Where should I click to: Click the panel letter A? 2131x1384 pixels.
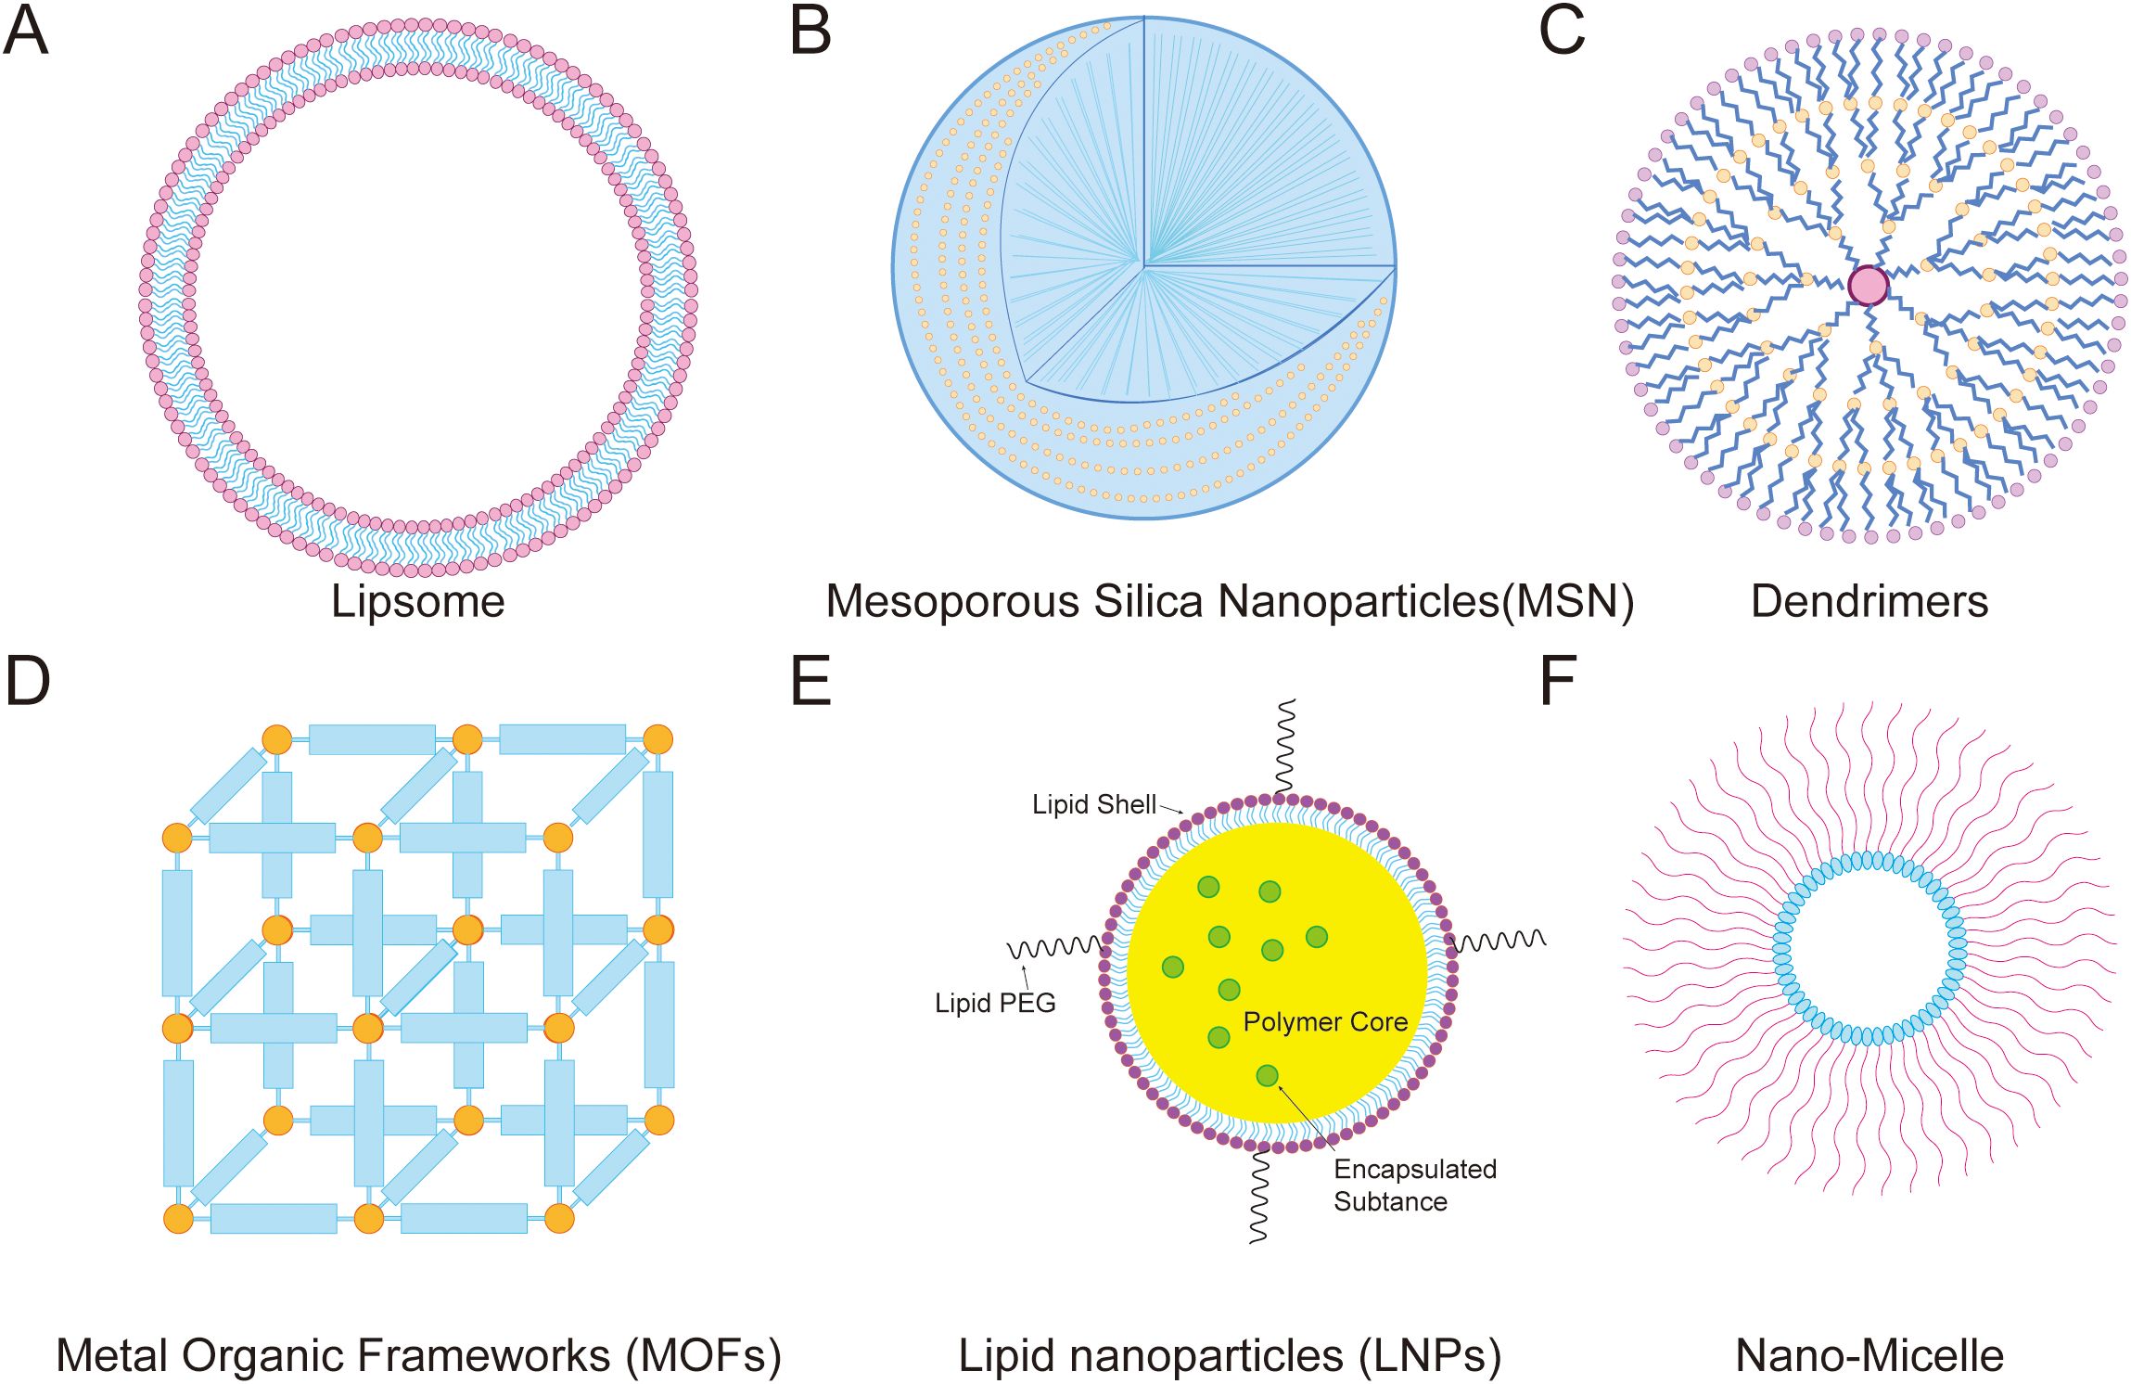(25, 31)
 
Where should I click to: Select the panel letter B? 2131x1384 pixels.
(810, 31)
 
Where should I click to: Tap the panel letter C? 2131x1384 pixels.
(1562, 31)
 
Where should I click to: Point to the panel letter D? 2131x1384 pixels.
(27, 681)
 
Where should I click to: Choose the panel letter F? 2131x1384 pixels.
(1557, 681)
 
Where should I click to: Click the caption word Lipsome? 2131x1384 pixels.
(417, 601)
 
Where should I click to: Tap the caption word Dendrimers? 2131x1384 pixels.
(1869, 601)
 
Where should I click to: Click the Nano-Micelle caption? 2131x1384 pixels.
(1869, 1355)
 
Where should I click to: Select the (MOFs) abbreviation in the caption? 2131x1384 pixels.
(703, 1355)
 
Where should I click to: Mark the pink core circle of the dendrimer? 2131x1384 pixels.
(1868, 286)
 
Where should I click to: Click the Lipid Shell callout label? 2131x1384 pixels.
(1093, 804)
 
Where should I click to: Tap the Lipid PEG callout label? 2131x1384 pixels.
(994, 1003)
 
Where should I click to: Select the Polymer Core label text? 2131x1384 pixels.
(1325, 1022)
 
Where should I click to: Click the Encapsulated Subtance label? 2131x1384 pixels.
(1414, 1185)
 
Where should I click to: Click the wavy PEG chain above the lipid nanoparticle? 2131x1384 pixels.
(1285, 747)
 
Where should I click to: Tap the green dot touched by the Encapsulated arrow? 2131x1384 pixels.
(1267, 1075)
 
